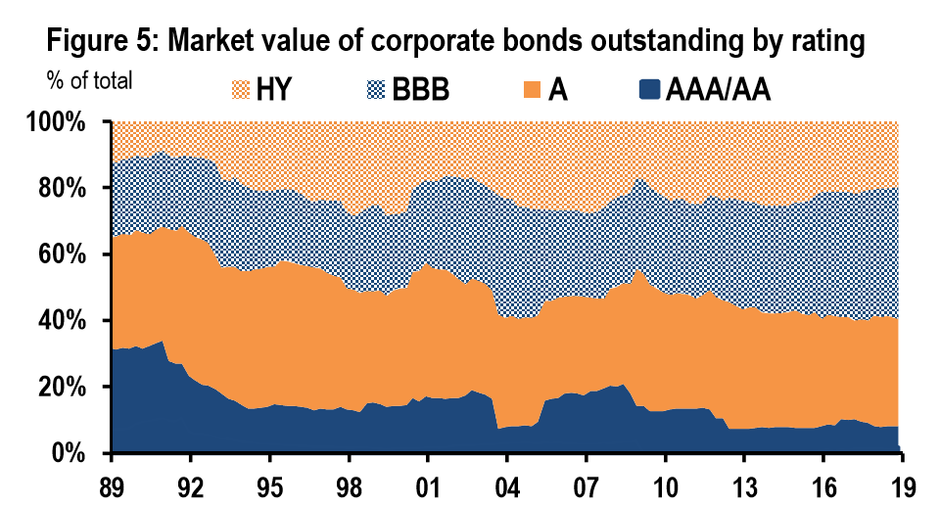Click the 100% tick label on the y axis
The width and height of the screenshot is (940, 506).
60,123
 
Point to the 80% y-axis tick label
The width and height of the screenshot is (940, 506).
66,189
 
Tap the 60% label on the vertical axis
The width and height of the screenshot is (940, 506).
66,255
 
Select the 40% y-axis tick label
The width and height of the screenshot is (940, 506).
66,322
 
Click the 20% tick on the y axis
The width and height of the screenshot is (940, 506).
66,388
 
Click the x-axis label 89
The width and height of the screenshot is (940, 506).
113,483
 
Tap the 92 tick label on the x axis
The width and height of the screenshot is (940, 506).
191,483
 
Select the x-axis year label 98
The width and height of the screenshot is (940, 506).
349,483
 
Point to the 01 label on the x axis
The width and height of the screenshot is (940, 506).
428,483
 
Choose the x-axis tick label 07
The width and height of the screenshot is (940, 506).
586,483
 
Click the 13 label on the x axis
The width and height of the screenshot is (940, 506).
742,483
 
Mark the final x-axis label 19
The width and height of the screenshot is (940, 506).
900,483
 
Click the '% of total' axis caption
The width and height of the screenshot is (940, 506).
89,80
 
